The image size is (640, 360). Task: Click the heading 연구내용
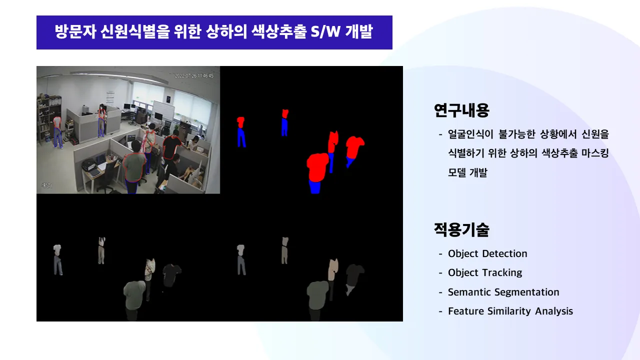click(x=461, y=110)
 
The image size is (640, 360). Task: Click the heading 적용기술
click(x=461, y=230)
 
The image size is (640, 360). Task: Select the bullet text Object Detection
click(x=487, y=254)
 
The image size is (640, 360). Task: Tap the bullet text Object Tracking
click(x=484, y=273)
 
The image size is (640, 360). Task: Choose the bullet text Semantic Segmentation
click(x=503, y=292)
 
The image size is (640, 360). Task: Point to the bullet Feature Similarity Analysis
click(x=510, y=311)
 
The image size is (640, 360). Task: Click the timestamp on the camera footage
click(x=194, y=76)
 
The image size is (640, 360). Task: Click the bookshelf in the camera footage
click(x=48, y=117)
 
